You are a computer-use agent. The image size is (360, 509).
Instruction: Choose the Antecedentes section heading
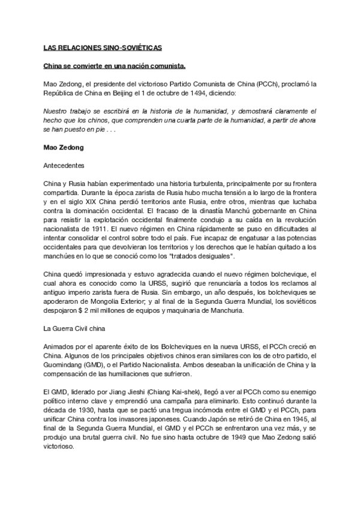tap(64, 164)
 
